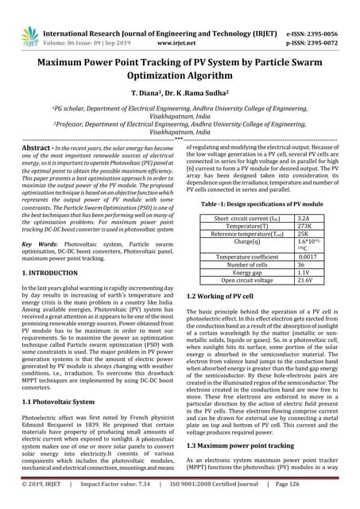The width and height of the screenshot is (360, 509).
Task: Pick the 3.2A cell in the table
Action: click(303, 195)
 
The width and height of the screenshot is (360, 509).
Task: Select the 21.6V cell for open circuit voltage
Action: click(304, 280)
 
